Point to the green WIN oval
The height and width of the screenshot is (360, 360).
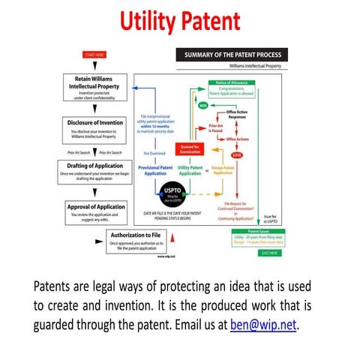[202, 106]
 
